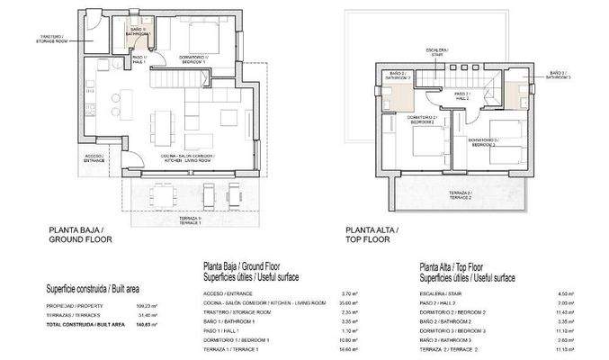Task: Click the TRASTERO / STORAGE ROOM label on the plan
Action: point(101,39)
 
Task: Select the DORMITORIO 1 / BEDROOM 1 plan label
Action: point(193,58)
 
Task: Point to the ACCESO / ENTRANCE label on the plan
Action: point(94,157)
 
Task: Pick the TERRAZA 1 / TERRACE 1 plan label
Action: point(188,220)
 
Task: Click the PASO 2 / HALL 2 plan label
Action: point(461,94)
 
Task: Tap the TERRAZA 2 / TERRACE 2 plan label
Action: point(461,195)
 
